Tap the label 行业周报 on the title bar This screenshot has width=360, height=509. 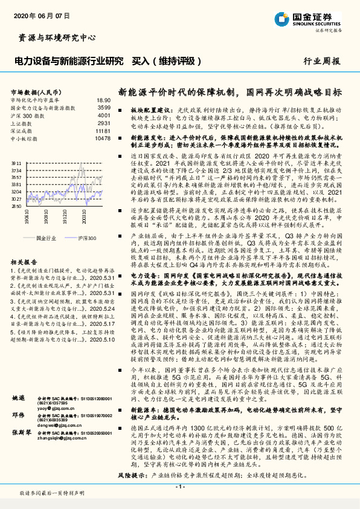pos(321,62)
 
